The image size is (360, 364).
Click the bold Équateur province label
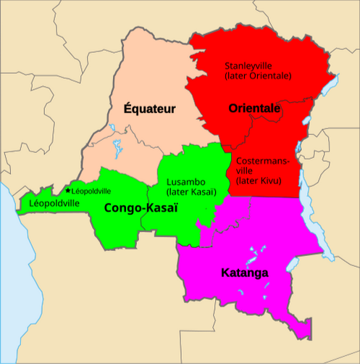149,109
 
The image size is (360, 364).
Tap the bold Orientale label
254,109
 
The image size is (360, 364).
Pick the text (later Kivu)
259,181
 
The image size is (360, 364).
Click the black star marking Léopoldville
68,191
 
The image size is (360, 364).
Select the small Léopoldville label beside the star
91,191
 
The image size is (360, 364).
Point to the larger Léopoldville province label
54,204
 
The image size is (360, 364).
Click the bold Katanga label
244,273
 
